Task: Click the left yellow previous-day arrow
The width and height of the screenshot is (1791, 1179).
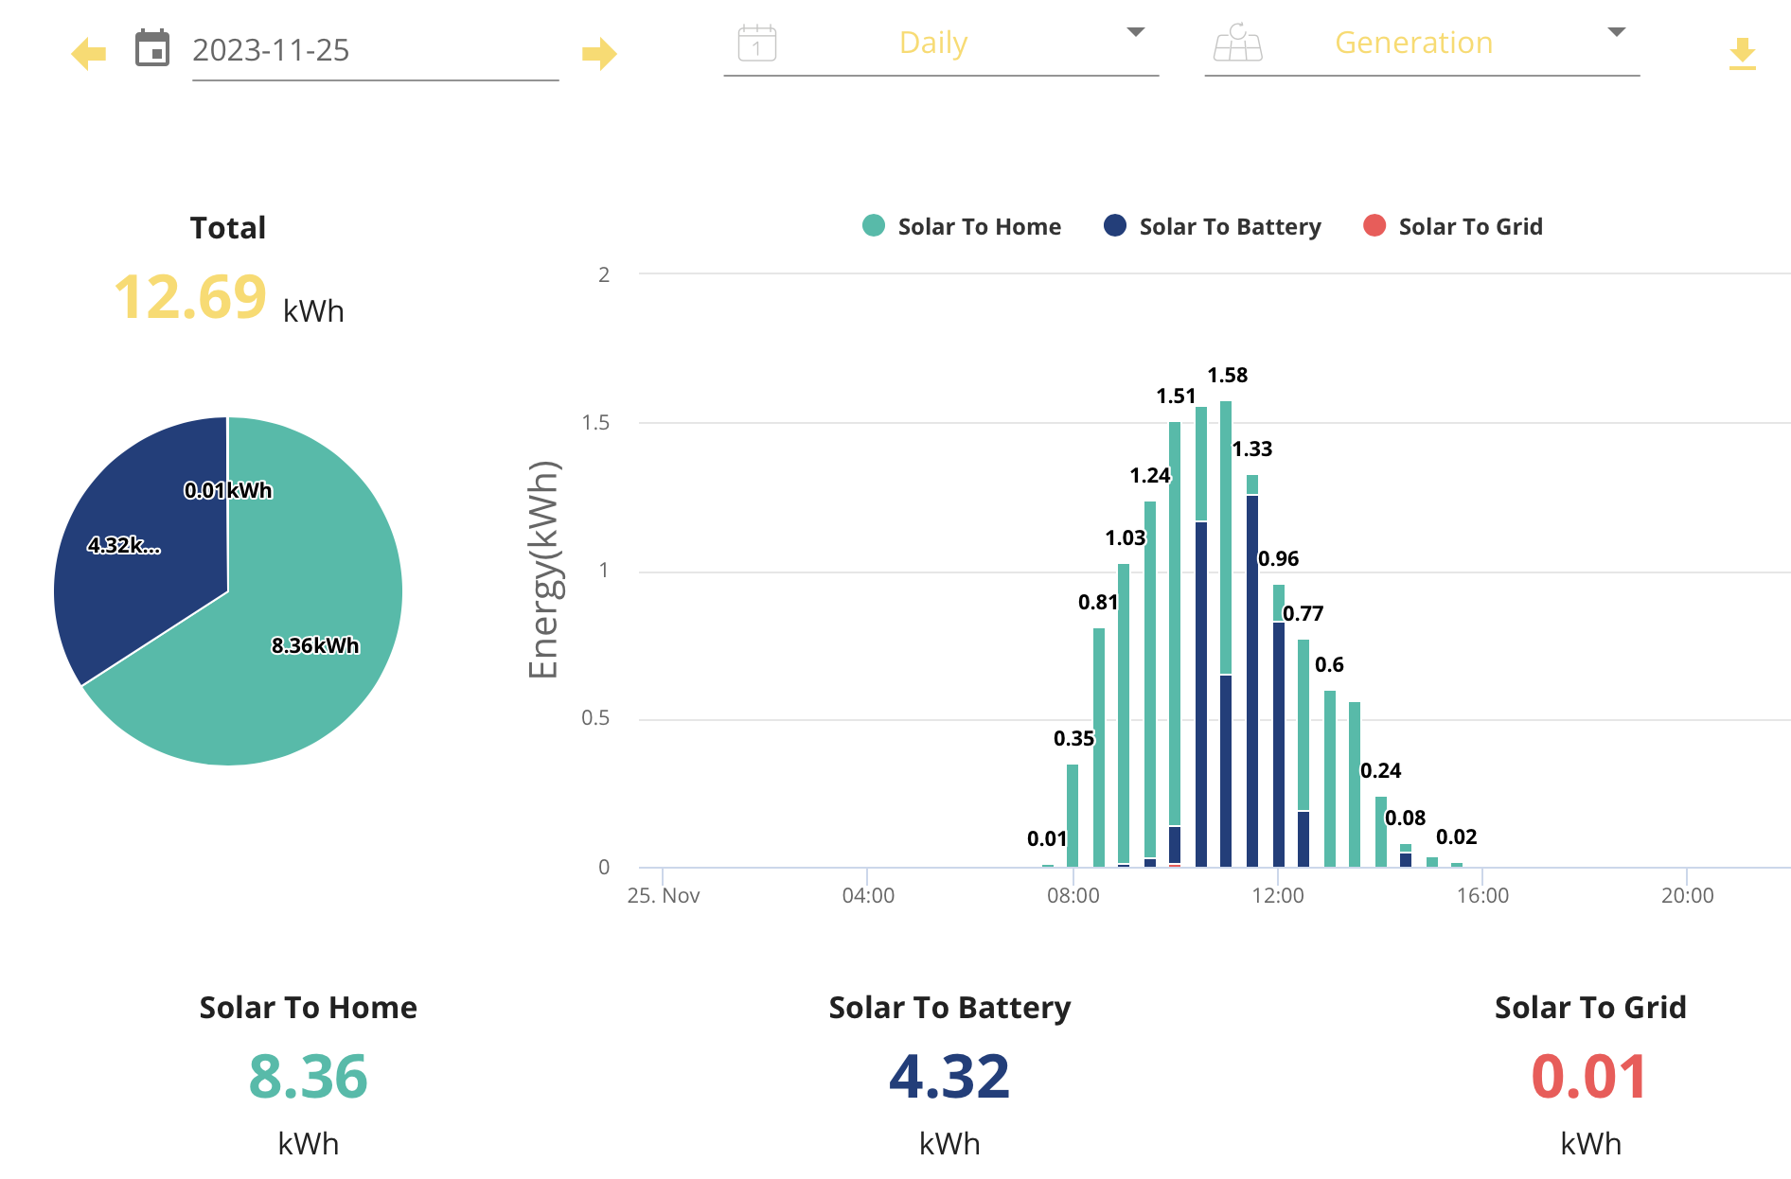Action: point(89,54)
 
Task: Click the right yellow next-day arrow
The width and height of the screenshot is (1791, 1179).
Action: point(598,54)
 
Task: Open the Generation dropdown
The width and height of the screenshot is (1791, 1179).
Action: point(1420,44)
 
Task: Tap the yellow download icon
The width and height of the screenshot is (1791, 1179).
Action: point(1742,54)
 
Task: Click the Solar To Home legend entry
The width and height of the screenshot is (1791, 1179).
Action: point(963,226)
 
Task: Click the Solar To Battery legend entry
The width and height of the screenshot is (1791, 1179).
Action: point(1213,226)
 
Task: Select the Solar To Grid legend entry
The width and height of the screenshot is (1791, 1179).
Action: point(1453,226)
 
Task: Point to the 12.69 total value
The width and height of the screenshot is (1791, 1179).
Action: point(190,297)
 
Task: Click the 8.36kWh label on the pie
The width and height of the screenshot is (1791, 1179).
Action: point(315,645)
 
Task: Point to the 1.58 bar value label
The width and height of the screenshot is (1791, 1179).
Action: point(1227,376)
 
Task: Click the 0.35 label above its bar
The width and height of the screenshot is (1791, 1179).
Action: point(1073,738)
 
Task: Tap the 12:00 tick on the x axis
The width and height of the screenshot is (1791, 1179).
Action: point(1277,895)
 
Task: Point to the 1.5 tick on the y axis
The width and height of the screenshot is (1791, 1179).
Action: point(596,423)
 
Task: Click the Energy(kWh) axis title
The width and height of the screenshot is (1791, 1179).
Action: point(544,570)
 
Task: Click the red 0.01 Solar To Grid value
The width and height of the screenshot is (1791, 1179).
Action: point(1589,1077)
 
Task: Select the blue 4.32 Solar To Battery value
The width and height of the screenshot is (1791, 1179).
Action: point(949,1077)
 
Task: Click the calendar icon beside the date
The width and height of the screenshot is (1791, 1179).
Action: point(152,48)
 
